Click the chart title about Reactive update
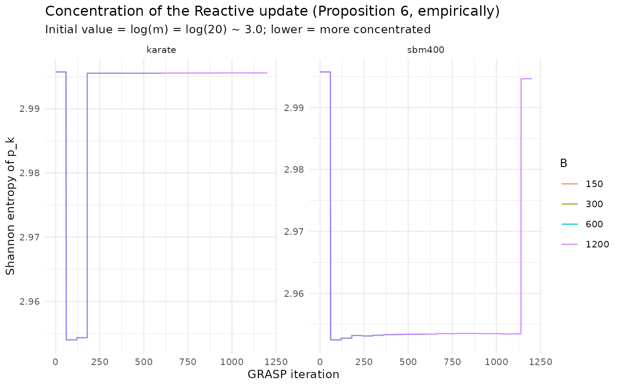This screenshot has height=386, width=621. point(272,12)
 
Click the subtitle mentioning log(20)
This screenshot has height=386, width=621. point(238,29)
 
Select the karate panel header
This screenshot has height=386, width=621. point(161,50)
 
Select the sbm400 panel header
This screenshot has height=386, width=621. point(426,50)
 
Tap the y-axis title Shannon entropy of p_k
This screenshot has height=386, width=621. point(10,206)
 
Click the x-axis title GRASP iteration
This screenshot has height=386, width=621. point(293,374)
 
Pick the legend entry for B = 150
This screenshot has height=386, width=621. point(582,184)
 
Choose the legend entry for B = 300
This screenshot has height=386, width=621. point(582,204)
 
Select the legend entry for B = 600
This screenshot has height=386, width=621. point(582,224)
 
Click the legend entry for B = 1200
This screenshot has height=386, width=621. point(585,244)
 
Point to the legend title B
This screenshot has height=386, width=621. point(564,163)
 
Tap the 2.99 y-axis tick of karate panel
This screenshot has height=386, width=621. point(30,109)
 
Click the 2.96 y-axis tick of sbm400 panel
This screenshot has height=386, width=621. point(294,293)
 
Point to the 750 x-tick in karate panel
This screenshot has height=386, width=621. point(188,362)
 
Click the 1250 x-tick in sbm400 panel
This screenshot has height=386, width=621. point(541,362)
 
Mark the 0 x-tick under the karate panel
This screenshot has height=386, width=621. point(56,362)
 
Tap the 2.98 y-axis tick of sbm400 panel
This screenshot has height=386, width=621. point(294,170)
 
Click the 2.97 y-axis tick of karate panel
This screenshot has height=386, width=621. point(30,237)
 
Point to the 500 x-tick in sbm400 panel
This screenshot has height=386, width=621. point(408,362)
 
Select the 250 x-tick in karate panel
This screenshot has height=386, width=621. point(100,362)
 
